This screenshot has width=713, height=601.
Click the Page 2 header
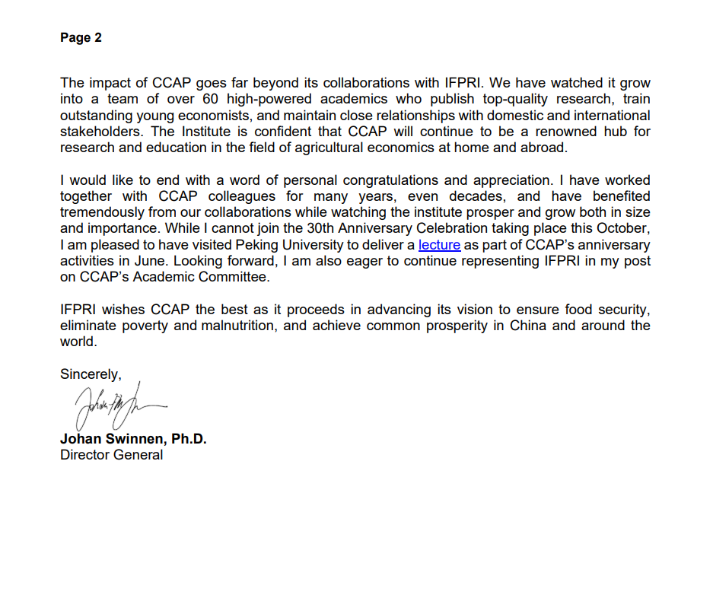[x=81, y=38]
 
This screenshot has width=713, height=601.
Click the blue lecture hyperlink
[x=439, y=245]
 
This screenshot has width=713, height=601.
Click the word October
[x=622, y=229]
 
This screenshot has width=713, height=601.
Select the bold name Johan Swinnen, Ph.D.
[x=133, y=439]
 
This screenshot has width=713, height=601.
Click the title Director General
[x=111, y=455]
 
